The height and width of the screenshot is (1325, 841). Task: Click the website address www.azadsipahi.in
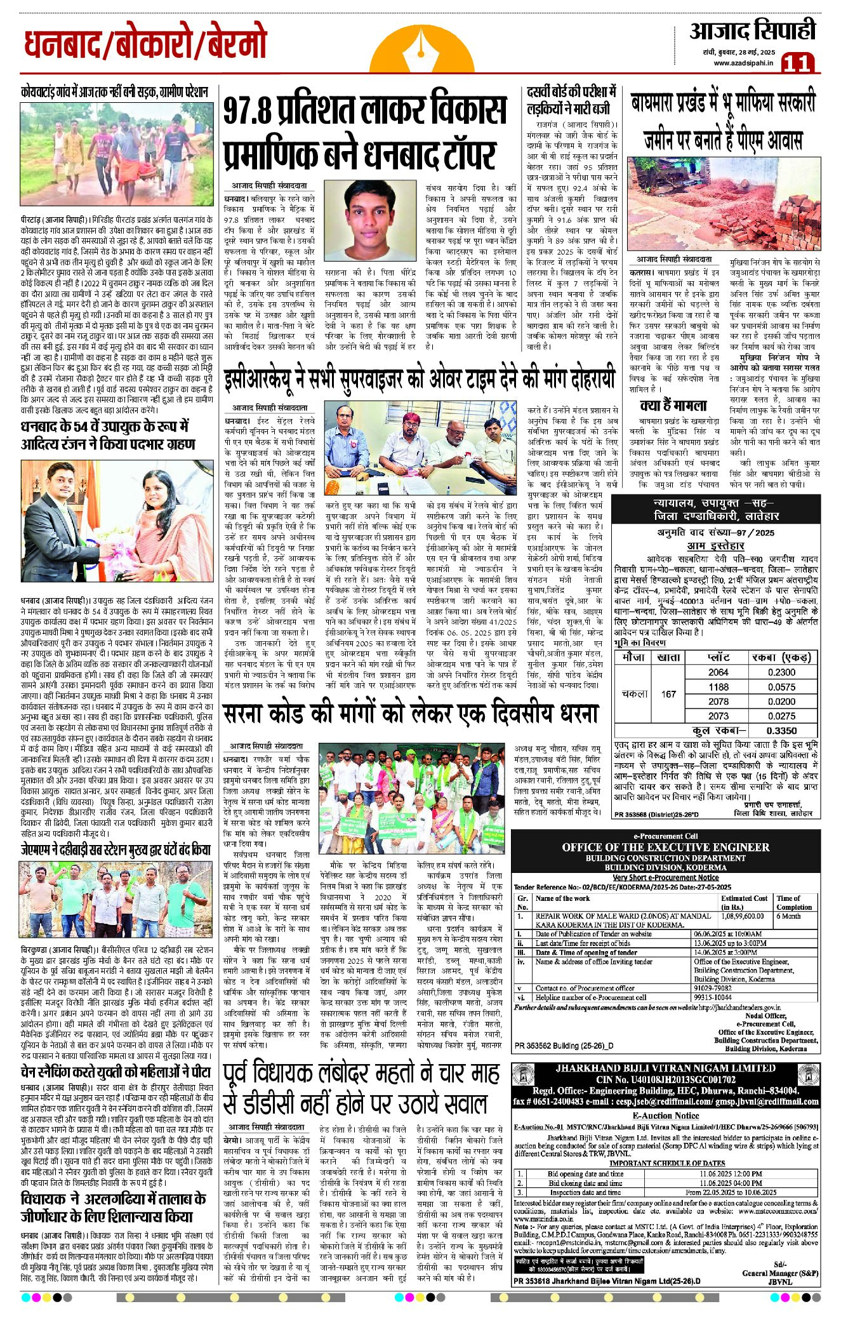coord(743,62)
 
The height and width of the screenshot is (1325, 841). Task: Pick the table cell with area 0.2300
coord(781,672)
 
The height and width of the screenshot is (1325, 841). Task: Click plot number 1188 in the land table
coord(718,686)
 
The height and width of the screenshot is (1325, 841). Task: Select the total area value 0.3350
coord(781,730)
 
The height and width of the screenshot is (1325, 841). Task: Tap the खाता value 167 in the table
coord(668,694)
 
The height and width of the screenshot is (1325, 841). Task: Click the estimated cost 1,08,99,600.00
coord(742,916)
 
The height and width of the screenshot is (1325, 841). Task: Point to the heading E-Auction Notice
coord(666,1115)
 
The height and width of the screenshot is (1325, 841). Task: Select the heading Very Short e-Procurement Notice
coord(666,877)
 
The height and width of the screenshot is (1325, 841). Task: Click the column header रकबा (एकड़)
coord(781,657)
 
